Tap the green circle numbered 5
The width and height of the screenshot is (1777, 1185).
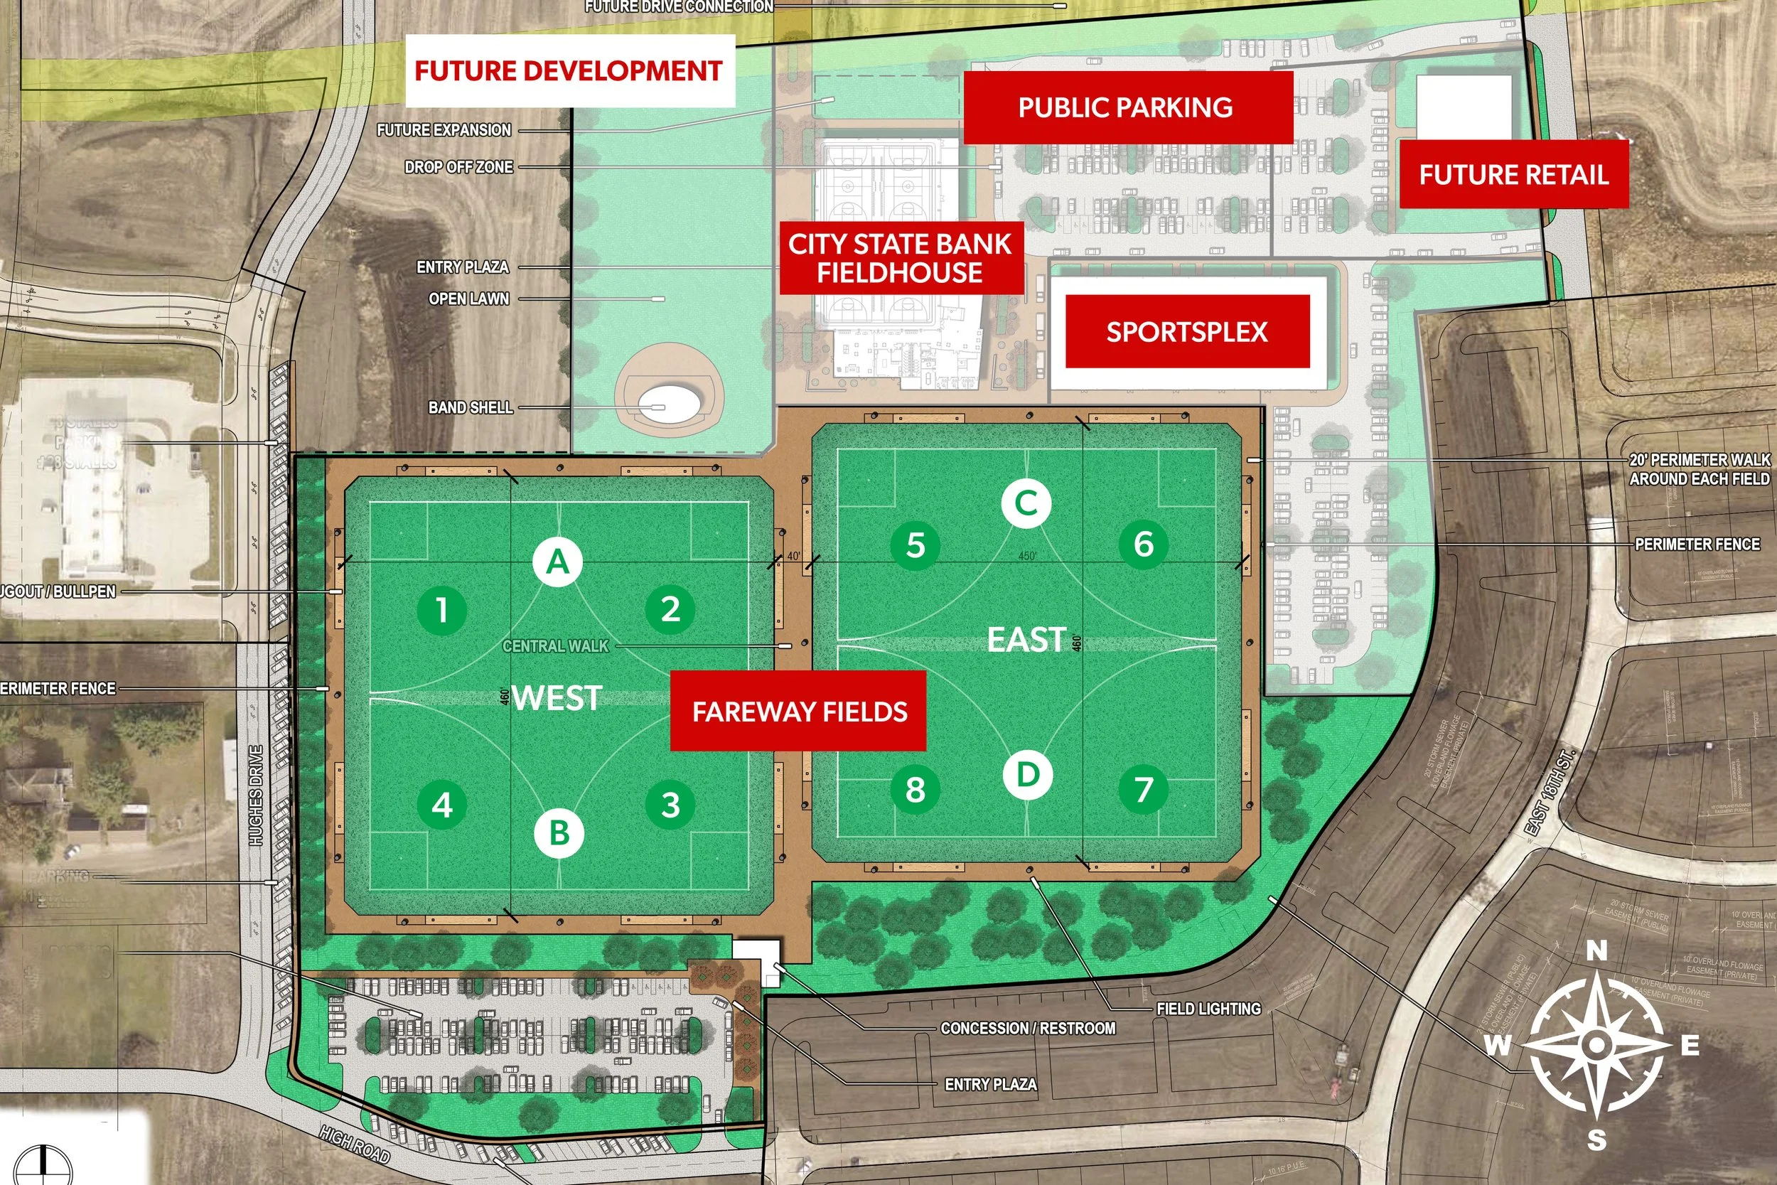coord(915,544)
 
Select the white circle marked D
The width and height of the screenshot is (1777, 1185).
coord(1028,775)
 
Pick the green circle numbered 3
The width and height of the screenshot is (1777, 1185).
coord(670,805)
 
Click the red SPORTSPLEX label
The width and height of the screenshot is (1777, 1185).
coord(1187,332)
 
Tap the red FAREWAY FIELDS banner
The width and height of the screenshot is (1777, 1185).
coord(799,711)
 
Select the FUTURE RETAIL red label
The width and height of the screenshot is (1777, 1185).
coord(1513,175)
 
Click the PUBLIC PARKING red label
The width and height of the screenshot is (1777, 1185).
coord(1126,107)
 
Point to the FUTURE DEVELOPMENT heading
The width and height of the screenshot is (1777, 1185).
coord(569,71)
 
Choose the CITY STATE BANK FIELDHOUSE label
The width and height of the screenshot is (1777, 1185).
coord(900,258)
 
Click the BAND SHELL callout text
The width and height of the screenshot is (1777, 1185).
coord(471,407)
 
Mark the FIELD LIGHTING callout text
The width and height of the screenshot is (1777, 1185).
coord(1209,1008)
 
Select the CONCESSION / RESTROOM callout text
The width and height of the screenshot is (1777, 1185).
coord(1028,1028)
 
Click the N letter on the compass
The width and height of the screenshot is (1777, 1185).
coord(1596,950)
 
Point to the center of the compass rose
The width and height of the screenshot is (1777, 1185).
coord(1596,1044)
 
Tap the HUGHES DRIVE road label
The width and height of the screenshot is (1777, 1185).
coord(256,795)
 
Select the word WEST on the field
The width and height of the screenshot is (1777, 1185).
coord(557,697)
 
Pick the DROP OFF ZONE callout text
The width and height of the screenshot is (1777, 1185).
coord(458,167)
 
